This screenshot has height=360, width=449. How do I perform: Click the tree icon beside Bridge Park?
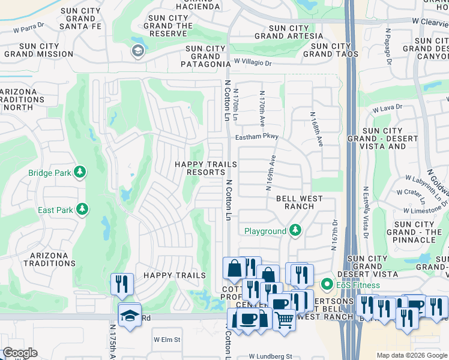(x=79, y=173)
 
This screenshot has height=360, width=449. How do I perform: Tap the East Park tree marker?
(x=82, y=210)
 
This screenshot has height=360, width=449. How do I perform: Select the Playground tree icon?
(x=295, y=230)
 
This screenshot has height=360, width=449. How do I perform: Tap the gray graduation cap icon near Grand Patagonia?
(x=137, y=51)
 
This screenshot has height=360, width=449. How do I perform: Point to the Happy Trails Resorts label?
(x=199, y=168)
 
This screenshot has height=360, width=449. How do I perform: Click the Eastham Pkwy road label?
(x=257, y=137)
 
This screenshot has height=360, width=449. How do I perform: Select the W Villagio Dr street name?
(x=253, y=62)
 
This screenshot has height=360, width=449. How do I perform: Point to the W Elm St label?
(x=167, y=340)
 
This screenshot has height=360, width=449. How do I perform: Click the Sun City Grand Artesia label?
(x=288, y=32)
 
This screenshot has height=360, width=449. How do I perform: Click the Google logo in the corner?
(x=20, y=353)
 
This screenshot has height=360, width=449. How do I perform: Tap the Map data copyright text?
(x=411, y=356)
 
